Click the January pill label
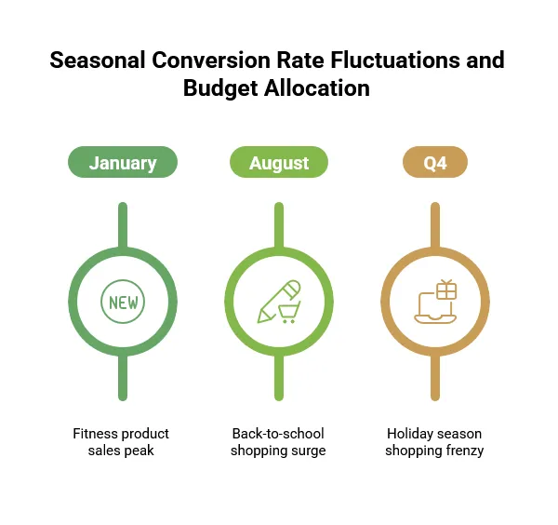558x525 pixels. [122, 163]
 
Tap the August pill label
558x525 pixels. [278, 163]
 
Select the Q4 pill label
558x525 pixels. [434, 163]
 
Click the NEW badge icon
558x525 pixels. [122, 303]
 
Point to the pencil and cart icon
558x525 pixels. [278, 303]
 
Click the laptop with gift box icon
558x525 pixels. [434, 303]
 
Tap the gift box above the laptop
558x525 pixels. [446, 289]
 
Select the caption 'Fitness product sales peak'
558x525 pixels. [122, 442]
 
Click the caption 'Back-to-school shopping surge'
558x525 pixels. [278, 442]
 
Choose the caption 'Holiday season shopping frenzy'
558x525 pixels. [434, 442]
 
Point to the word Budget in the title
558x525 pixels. [222, 88]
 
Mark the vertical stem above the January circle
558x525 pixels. [122, 224]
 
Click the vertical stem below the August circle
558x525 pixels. [278, 379]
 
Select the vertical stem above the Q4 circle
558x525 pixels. [434, 224]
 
